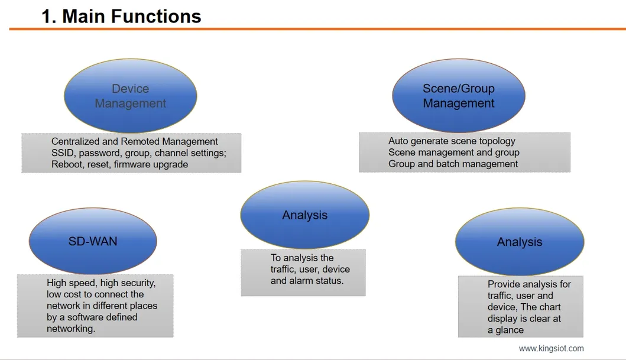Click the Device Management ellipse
tap(130, 96)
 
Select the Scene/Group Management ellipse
tap(459, 96)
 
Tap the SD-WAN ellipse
tap(93, 241)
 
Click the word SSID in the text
tap(62, 153)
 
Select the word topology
tap(496, 141)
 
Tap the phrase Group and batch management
tap(453, 164)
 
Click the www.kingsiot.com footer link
tap(552, 349)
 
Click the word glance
tap(510, 330)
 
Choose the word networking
tap(70, 329)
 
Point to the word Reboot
tap(67, 164)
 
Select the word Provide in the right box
tap(504, 284)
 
